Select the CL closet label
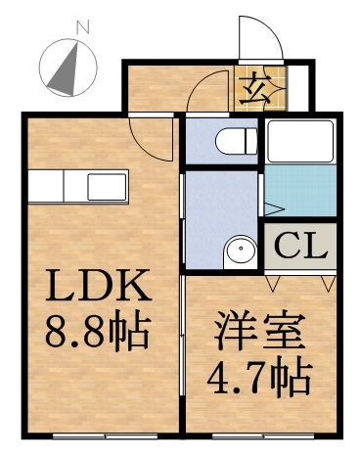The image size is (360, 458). tap(300, 245)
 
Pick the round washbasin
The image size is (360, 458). tap(240, 253)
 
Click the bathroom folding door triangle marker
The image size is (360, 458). tap(273, 208)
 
